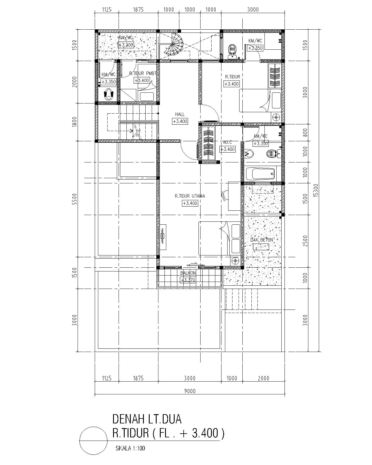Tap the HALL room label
(x=180, y=114)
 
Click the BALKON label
(x=188, y=273)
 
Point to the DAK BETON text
(x=262, y=240)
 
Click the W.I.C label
(x=227, y=142)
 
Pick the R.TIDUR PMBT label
(x=143, y=74)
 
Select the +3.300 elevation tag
(x=126, y=45)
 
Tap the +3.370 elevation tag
(x=188, y=280)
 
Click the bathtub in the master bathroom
(x=260, y=174)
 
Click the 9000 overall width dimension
(x=190, y=391)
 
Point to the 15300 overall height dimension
(x=316, y=190)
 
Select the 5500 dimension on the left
(x=74, y=199)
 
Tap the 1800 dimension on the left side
(x=74, y=121)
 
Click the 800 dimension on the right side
(x=305, y=133)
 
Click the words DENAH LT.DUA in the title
(x=147, y=419)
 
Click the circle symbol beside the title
(x=93, y=441)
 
